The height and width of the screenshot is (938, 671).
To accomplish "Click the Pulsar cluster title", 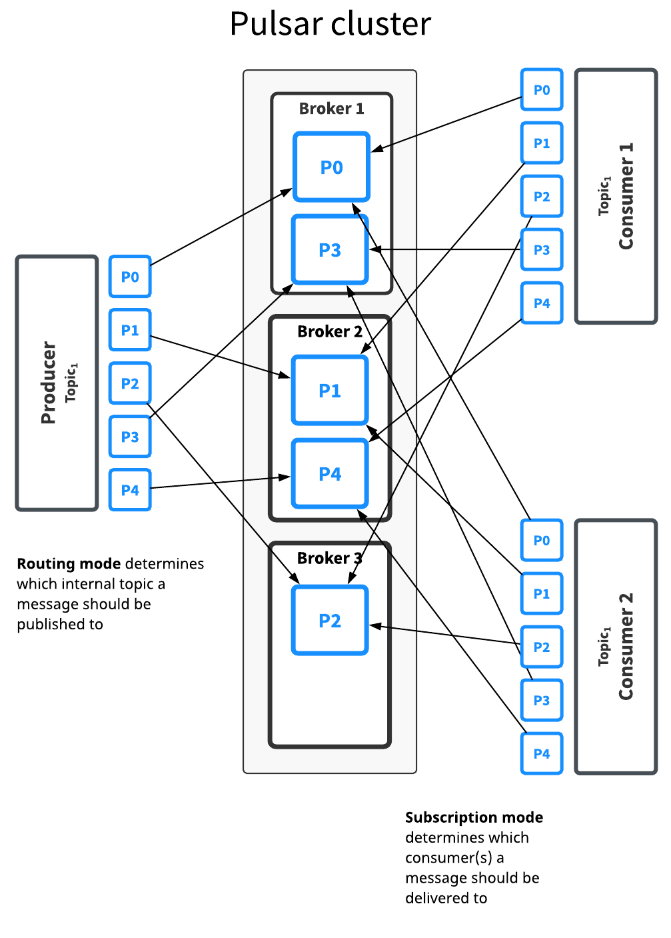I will pos(330,24).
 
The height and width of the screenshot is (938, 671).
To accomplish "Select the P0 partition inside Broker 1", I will pos(331,167).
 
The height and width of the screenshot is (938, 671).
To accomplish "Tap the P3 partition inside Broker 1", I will pos(330,250).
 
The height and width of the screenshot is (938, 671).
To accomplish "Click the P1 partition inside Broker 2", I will pos(330,391).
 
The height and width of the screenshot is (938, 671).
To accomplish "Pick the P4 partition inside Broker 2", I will pos(330,474).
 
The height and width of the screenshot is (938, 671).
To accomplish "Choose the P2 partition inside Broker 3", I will pos(330,621).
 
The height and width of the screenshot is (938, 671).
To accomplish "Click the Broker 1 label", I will pos(331,109).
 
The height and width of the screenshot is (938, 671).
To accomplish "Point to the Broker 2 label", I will pos(330,331).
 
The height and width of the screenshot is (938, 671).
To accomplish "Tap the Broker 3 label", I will pos(329,558).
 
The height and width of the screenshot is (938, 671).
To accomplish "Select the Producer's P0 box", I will pos(130,277).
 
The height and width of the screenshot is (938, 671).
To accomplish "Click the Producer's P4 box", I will pos(130,490).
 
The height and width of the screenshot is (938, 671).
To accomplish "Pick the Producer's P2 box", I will pos(130,383).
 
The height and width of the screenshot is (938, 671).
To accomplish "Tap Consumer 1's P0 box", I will pos(542,90).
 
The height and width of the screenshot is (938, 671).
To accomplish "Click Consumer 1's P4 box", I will pos(542,303).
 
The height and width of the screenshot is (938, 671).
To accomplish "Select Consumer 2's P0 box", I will pos(542,541).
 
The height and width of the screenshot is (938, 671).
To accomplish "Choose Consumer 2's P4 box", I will pos(542,754).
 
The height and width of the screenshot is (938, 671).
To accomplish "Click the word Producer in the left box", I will pos(49,383).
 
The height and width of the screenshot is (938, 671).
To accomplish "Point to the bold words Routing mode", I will pos(69,564).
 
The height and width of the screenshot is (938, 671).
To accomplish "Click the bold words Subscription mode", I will pos(474,817).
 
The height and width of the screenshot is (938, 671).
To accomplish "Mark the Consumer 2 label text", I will pos(626,647).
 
